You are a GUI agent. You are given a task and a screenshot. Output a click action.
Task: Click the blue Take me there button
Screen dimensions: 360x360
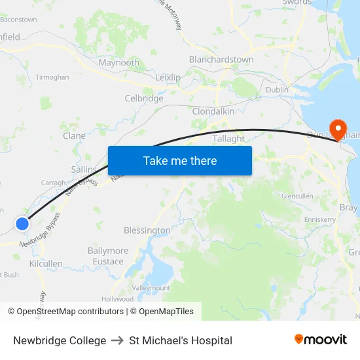coord(180,160)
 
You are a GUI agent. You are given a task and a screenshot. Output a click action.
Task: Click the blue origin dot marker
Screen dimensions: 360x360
coord(22,224)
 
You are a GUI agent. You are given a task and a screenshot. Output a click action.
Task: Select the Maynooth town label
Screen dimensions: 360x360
coord(118,63)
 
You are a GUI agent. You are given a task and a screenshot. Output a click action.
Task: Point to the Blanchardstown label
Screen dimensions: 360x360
coord(221,60)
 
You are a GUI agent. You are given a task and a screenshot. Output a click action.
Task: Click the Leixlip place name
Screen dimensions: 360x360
coord(168,77)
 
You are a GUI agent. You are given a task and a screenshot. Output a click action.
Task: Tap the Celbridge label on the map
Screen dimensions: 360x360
coord(144,99)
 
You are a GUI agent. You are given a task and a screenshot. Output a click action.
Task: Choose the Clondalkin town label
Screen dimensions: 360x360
coord(213,112)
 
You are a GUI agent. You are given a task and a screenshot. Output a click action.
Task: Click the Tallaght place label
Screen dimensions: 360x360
coord(228,139)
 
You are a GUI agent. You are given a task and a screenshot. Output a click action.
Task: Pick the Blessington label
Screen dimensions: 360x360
coord(147,230)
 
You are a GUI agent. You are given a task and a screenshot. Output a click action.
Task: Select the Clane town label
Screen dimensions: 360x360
coord(74,136)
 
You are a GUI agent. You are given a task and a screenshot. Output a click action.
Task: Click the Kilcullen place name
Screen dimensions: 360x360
coord(46,264)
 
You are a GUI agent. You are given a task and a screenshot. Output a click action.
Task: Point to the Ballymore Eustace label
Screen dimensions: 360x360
coord(108,256)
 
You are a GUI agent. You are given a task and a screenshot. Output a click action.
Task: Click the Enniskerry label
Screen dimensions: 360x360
coord(319,219)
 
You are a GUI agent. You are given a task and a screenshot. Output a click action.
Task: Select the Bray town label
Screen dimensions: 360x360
coord(348,207)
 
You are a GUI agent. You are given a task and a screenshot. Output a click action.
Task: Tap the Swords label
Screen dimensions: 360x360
coord(297,3)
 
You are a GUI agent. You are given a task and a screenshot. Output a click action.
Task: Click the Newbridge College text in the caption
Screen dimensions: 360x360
coord(60,340)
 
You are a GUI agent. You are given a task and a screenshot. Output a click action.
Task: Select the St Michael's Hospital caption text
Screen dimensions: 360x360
coord(181,340)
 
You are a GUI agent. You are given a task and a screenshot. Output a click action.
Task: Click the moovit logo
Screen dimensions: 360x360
coord(320,340)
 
